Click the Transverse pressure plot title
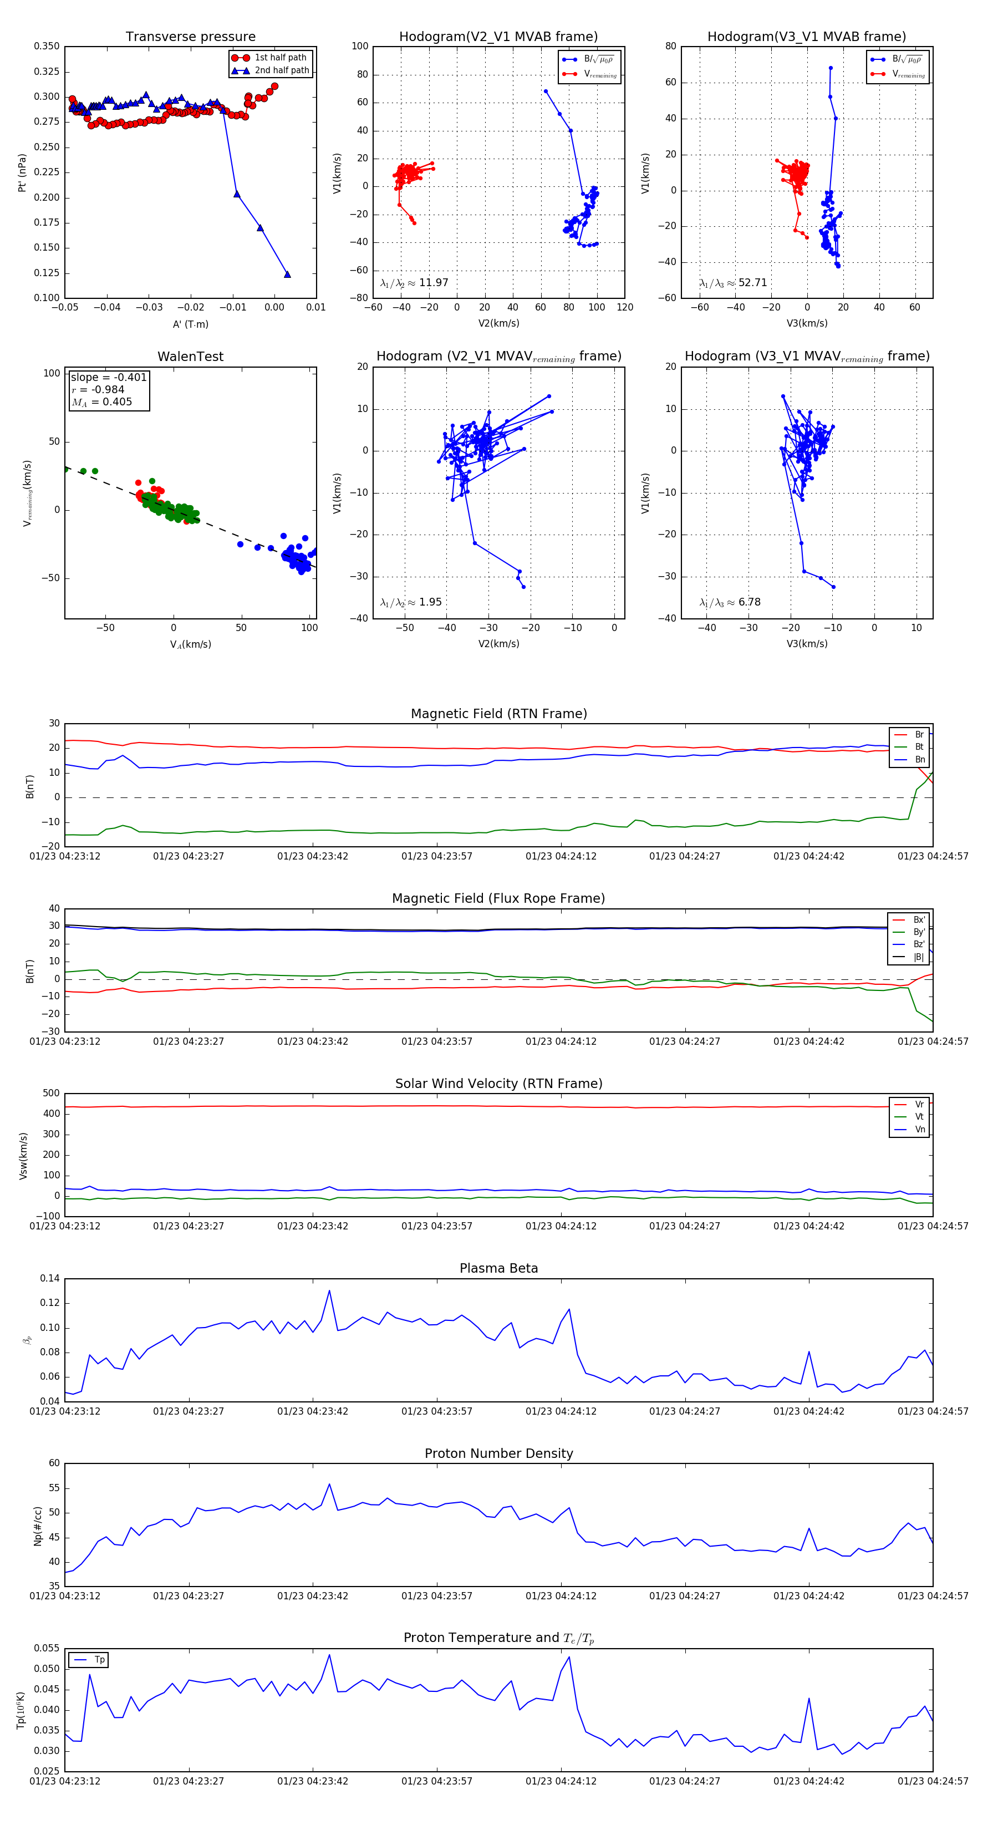tap(190, 37)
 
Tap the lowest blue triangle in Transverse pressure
tap(287, 274)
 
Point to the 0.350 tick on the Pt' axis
tap(47, 46)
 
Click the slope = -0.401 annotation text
tap(109, 377)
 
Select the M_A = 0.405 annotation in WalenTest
tap(101, 402)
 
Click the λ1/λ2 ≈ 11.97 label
tap(414, 283)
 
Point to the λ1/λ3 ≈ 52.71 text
tap(733, 283)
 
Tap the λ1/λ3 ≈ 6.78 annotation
tap(730, 602)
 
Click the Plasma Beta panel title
tap(498, 1269)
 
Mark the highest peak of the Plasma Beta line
tap(329, 1291)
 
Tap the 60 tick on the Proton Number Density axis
tap(54, 1463)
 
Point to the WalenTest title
tap(190, 357)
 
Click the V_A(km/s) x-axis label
tap(190, 644)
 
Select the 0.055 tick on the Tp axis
tap(47, 1648)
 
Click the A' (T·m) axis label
tap(190, 324)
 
